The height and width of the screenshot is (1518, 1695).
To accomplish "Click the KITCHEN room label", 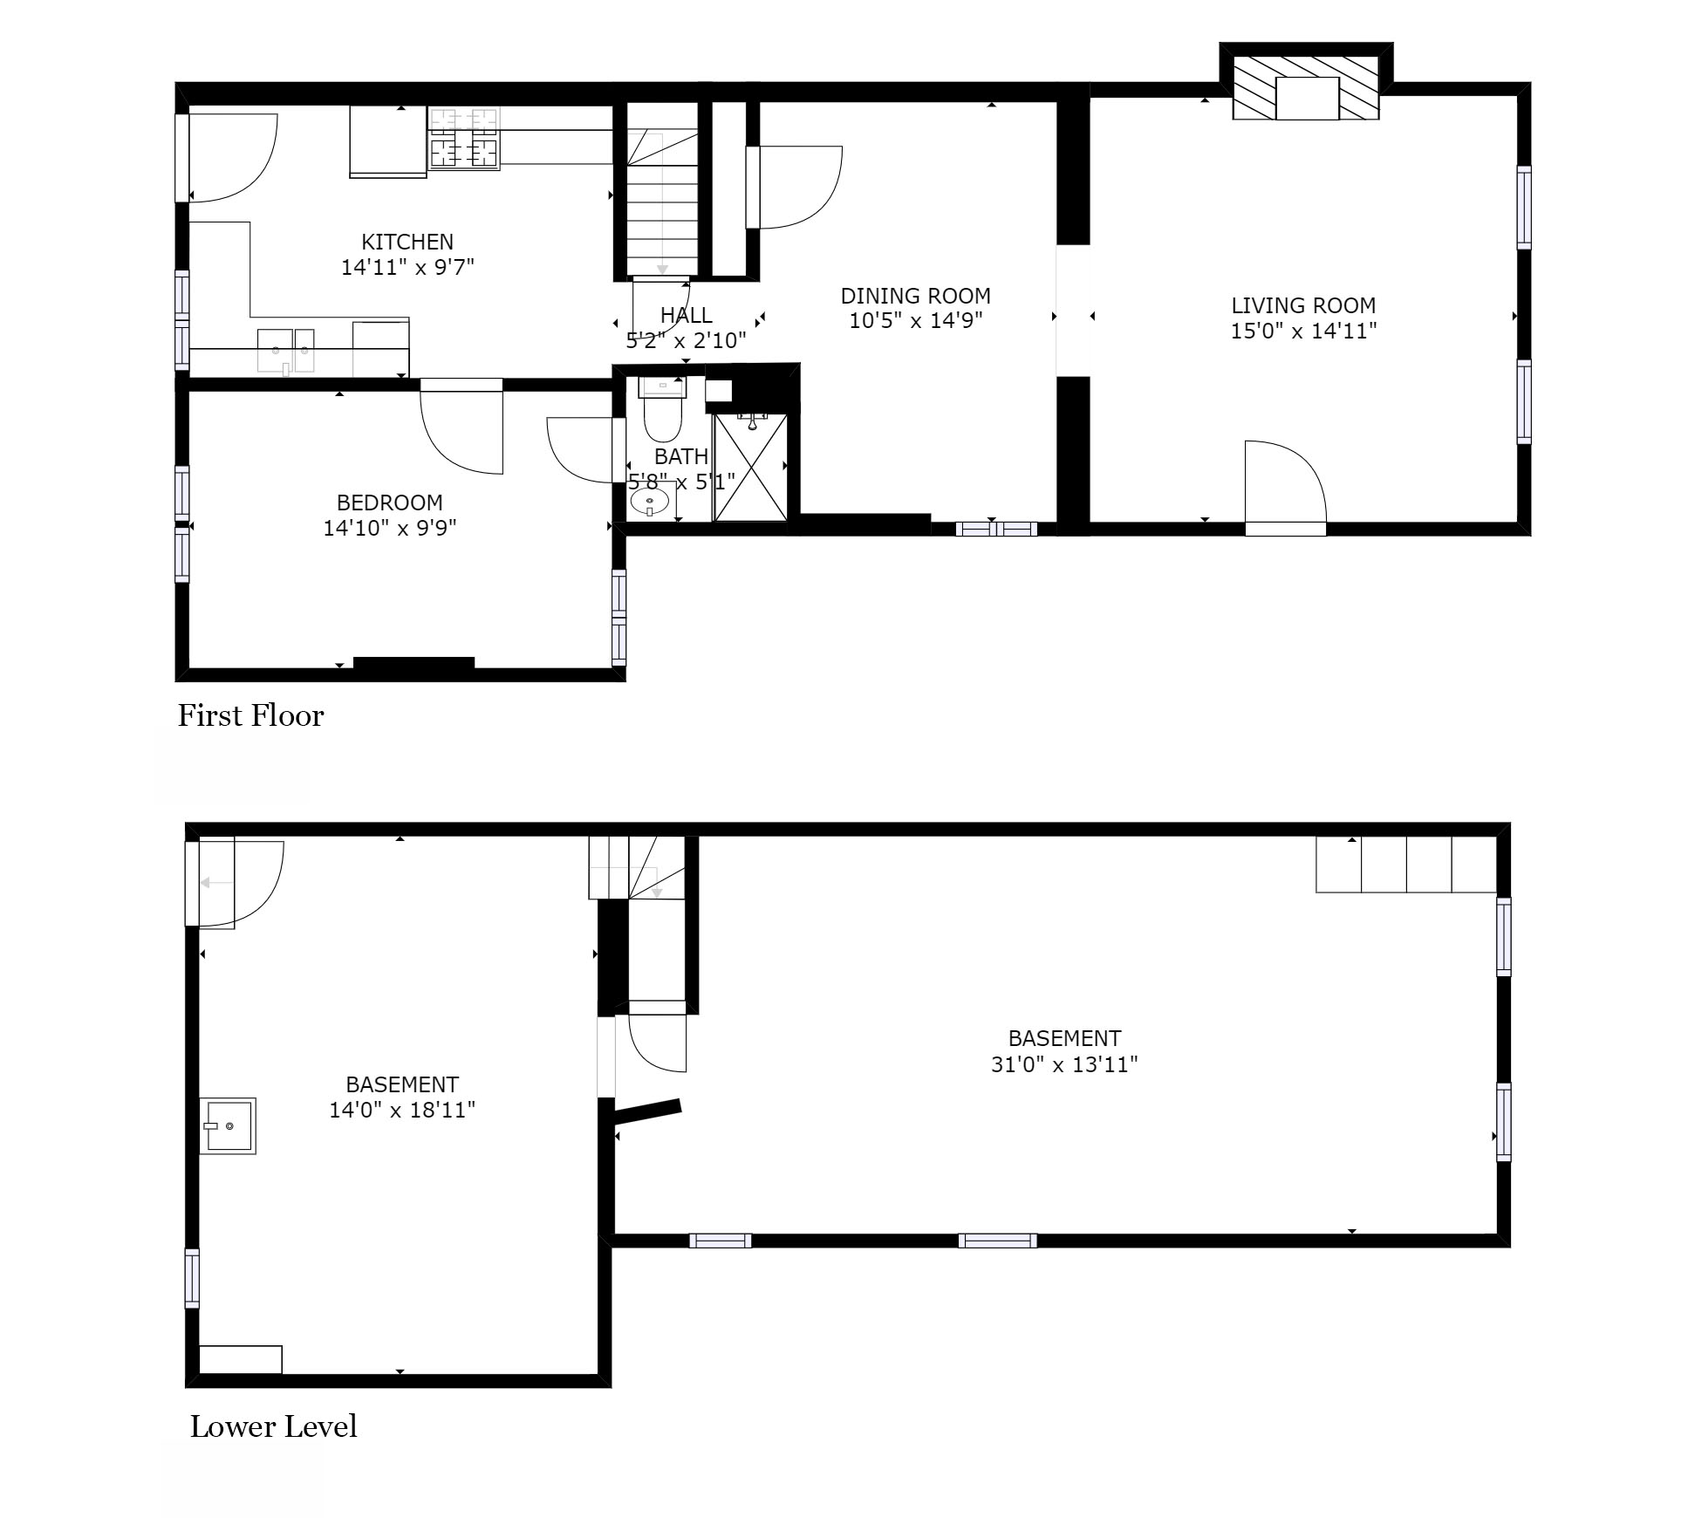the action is [x=407, y=242].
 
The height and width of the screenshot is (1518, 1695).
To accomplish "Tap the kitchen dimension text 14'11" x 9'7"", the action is [x=407, y=267].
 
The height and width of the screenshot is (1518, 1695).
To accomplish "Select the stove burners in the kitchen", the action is [x=463, y=138].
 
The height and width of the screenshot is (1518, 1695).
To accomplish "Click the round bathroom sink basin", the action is [x=650, y=503].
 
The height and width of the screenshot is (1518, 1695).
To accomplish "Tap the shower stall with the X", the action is [x=750, y=468].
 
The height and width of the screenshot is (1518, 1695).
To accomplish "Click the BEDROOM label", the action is [x=390, y=503].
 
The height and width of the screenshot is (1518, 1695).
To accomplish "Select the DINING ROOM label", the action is [x=916, y=296].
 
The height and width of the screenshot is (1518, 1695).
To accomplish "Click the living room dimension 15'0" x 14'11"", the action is [x=1303, y=331].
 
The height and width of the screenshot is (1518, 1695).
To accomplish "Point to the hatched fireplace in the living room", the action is [x=1306, y=87].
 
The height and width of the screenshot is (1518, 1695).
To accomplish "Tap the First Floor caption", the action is [x=251, y=716].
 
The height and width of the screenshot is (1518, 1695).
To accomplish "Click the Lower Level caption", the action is [x=274, y=1427].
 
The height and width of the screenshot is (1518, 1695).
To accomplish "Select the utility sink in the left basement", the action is [x=228, y=1125].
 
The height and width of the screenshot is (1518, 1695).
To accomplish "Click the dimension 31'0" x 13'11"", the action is [x=1064, y=1064].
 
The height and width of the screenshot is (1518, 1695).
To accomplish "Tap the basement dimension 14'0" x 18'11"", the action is [x=402, y=1110].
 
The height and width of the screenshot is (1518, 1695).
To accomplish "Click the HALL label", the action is [x=686, y=315].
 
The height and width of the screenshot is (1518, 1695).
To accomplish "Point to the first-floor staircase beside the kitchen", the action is [x=663, y=189].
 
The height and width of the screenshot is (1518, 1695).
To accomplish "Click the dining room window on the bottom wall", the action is [x=996, y=529].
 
